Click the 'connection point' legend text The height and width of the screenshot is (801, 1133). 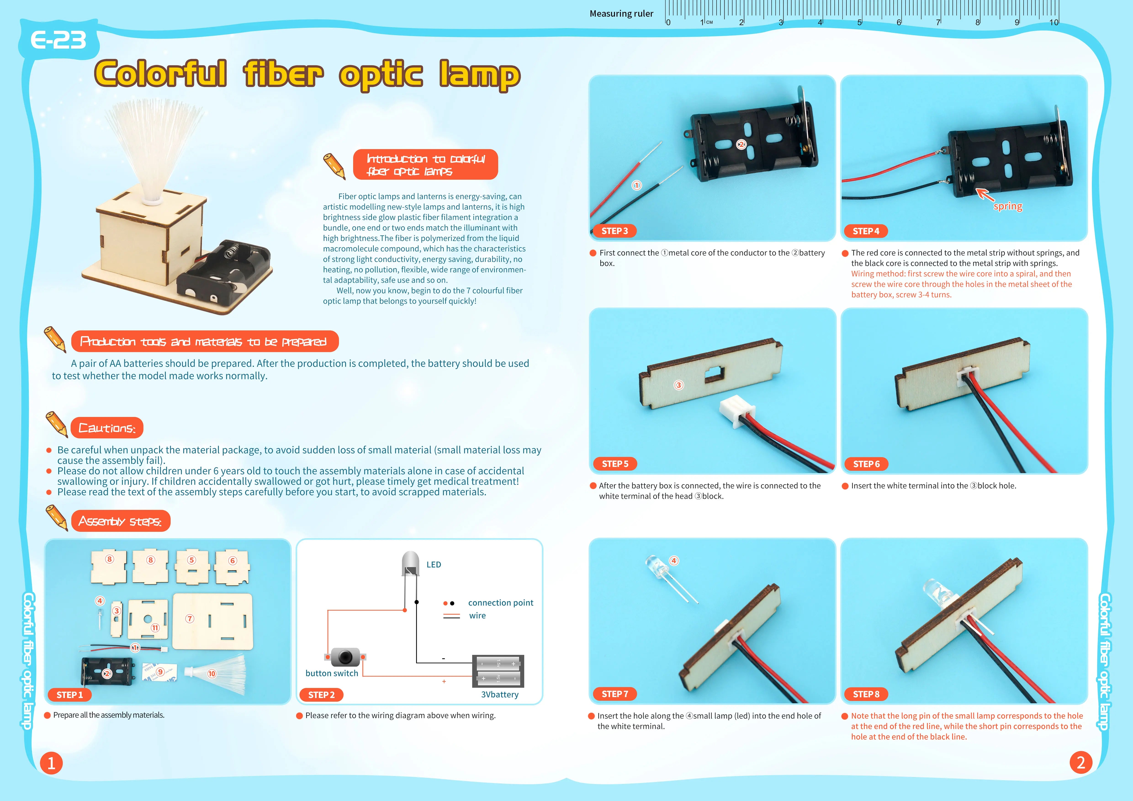pyautogui.click(x=500, y=603)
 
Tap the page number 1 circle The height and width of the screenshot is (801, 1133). pyautogui.click(x=51, y=763)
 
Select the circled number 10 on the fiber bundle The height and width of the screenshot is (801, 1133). pyautogui.click(x=212, y=674)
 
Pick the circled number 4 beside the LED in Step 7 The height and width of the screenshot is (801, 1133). pyautogui.click(x=674, y=561)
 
